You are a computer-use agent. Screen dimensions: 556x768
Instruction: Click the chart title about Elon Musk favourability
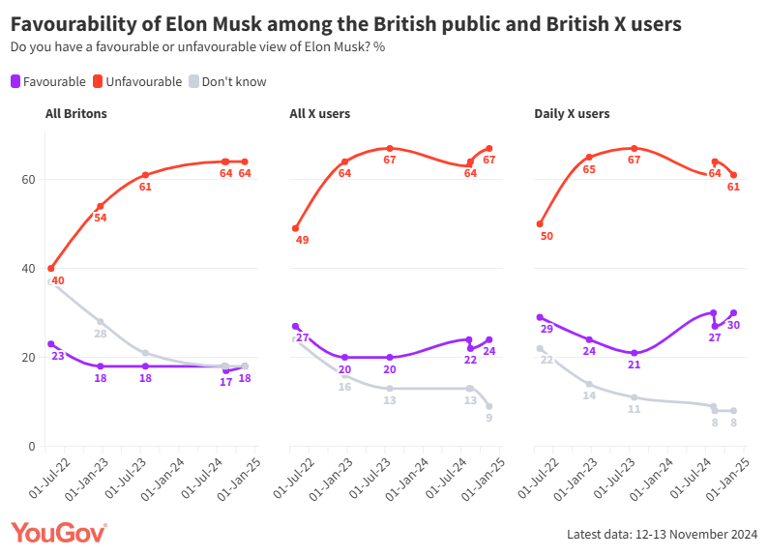[x=345, y=23]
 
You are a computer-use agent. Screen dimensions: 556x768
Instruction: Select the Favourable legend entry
[x=47, y=82]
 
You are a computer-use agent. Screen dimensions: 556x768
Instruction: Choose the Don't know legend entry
[x=227, y=82]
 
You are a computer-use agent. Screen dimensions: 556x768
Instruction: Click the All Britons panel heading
[x=76, y=114]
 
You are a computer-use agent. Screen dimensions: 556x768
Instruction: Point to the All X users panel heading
[x=320, y=114]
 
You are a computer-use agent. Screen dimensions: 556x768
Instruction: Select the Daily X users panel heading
[x=572, y=114]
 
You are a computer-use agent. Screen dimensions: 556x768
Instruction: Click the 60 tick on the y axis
[x=29, y=180]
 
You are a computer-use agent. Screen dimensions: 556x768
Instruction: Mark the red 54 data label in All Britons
[x=101, y=219]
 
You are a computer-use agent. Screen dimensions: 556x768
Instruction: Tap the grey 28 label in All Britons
[x=100, y=334]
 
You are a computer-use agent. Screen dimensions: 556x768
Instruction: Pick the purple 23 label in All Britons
[x=58, y=356]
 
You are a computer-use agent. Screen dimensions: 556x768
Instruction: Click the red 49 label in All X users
[x=302, y=240]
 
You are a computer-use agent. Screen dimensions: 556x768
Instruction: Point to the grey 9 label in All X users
[x=489, y=418]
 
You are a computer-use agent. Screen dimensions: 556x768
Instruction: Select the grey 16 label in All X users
[x=344, y=387]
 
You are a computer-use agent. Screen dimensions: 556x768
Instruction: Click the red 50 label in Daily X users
[x=546, y=236]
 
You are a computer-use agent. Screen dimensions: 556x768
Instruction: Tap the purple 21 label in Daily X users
[x=634, y=365]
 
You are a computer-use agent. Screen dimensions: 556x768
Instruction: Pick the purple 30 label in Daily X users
[x=734, y=325]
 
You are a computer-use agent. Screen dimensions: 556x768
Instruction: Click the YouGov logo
[x=59, y=533]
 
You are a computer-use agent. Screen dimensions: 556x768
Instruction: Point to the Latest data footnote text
[x=662, y=534]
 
